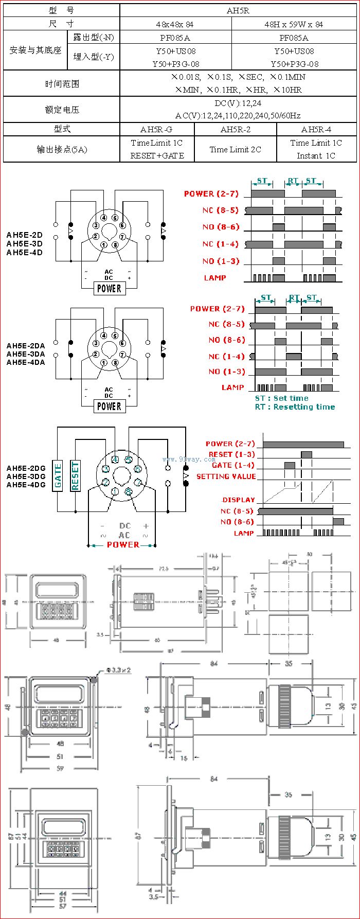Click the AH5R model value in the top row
tap(238, 10)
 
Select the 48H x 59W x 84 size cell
tap(294, 24)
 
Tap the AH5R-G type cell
tap(156, 129)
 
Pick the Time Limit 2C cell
tap(235, 149)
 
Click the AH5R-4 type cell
tap(316, 129)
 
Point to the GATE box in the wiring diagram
tap(58, 475)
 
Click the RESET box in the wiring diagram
tap(75, 475)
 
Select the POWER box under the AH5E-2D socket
tap(109, 289)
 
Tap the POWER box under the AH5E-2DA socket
tap(109, 407)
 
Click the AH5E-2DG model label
tap(26, 468)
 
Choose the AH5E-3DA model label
tap(26, 354)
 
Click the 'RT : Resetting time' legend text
tap(295, 407)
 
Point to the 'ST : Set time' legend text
tap(281, 398)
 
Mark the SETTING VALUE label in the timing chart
tap(226, 476)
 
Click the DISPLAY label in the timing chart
tap(238, 500)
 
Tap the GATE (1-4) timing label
tap(233, 465)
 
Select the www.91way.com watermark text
tap(182, 459)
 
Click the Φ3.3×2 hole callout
tap(118, 670)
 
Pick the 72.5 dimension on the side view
tap(163, 569)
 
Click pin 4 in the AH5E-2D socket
tap(104, 218)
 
